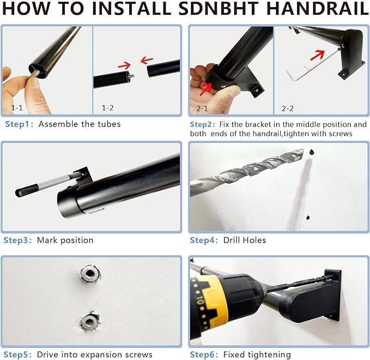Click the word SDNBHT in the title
tap(219, 8)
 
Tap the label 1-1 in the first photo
tap(17, 108)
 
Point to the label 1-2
tap(107, 108)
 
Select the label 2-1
tap(202, 109)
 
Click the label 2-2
tap(287, 109)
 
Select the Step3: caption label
tap(17, 240)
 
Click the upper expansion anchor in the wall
tap(90, 273)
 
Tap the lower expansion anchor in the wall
tap(89, 321)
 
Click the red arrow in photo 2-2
tap(317, 56)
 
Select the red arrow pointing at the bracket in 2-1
tap(205, 89)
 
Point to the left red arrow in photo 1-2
tap(124, 65)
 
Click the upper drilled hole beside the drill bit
tap(312, 152)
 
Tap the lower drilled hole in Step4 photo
tap(308, 217)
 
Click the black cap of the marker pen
tap(26, 190)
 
